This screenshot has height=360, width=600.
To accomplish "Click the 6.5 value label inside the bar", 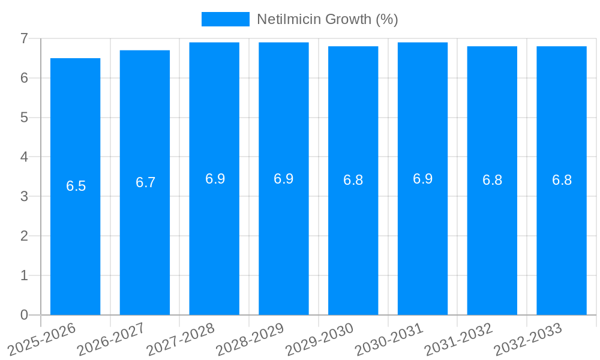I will click(x=76, y=186).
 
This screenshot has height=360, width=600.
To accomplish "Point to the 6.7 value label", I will click(x=145, y=182).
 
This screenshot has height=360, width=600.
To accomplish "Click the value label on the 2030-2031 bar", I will click(x=422, y=179).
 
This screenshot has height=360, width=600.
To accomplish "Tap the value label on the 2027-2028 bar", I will click(x=215, y=179).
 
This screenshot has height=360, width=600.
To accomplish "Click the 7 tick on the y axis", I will click(x=24, y=38).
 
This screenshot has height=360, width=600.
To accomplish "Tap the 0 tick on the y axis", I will click(x=24, y=315).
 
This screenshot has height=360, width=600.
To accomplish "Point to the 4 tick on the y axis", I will click(x=24, y=157).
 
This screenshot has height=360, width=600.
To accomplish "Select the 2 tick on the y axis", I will click(x=24, y=236).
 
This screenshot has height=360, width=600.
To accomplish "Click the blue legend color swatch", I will click(x=225, y=19).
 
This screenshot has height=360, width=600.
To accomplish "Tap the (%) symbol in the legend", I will click(x=386, y=19).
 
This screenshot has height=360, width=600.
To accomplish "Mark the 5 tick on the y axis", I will click(x=24, y=118).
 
